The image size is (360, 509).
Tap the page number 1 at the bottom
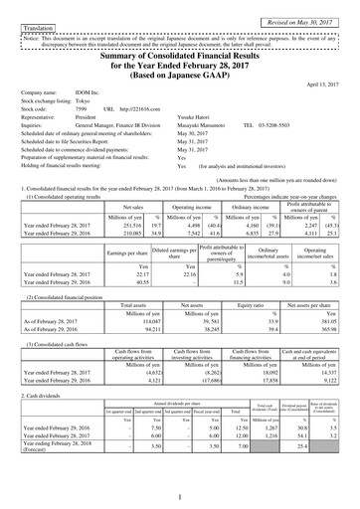point(180,496)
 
